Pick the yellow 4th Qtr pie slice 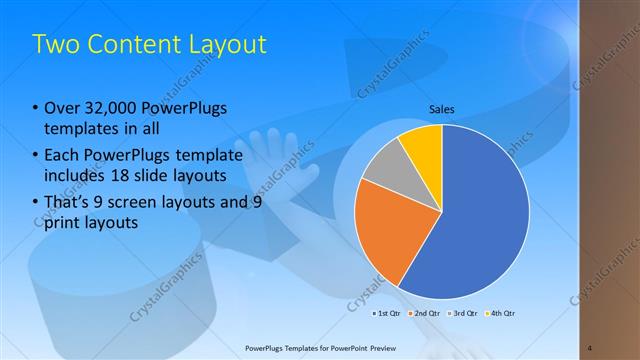422,146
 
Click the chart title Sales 442,108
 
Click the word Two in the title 54,45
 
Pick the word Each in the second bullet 63,155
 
